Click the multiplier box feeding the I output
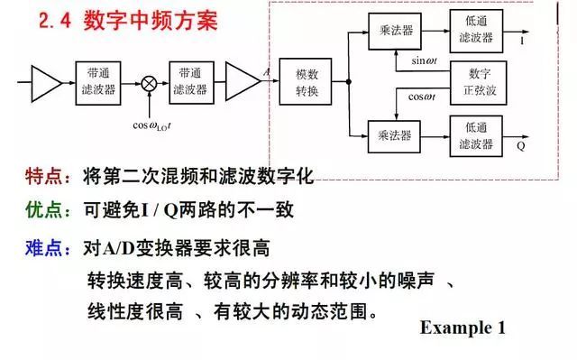point(394,31)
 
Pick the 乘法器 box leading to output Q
point(394,135)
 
